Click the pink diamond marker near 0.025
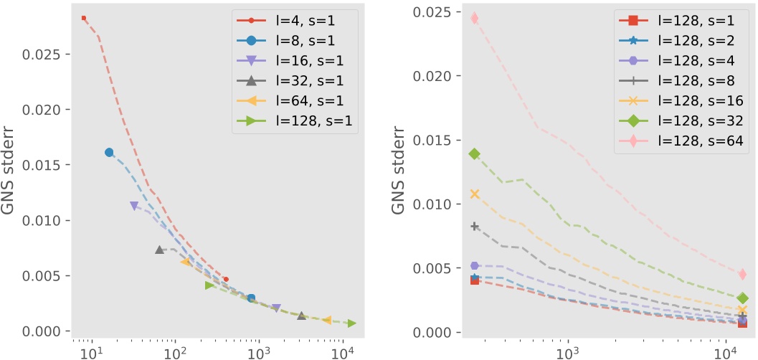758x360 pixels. pyautogui.click(x=475, y=18)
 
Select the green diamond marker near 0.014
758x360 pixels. pyautogui.click(x=475, y=154)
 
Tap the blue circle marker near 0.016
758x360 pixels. pyautogui.click(x=109, y=152)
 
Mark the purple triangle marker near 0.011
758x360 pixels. pyautogui.click(x=134, y=206)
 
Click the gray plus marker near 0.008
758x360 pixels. pyautogui.click(x=475, y=227)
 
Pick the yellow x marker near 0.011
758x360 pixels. pyautogui.click(x=475, y=194)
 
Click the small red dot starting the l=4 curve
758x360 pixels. pyautogui.click(x=84, y=18)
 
